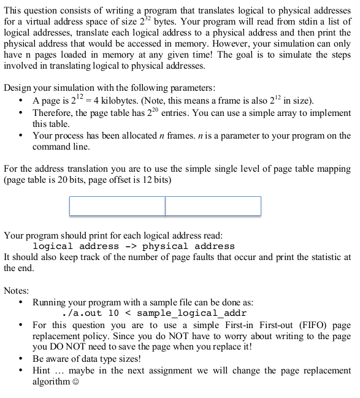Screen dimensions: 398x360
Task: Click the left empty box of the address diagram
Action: pyautogui.click(x=117, y=206)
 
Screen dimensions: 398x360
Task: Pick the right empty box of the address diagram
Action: pyautogui.click(x=213, y=206)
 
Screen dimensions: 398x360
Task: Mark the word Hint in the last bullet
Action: pyautogui.click(x=42, y=371)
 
